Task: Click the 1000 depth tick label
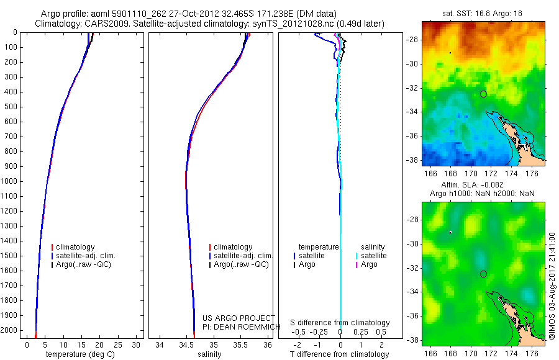click(9, 181)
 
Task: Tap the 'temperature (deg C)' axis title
click(80, 354)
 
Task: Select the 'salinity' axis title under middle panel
click(209, 354)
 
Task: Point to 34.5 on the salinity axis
click(186, 345)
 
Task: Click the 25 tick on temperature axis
click(117, 345)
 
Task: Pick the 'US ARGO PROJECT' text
click(239, 318)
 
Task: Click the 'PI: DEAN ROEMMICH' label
click(242, 327)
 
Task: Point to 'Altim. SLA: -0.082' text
click(473, 184)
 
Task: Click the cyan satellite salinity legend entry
click(371, 256)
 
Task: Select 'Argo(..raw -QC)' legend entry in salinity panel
click(239, 264)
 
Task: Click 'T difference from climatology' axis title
click(339, 354)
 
